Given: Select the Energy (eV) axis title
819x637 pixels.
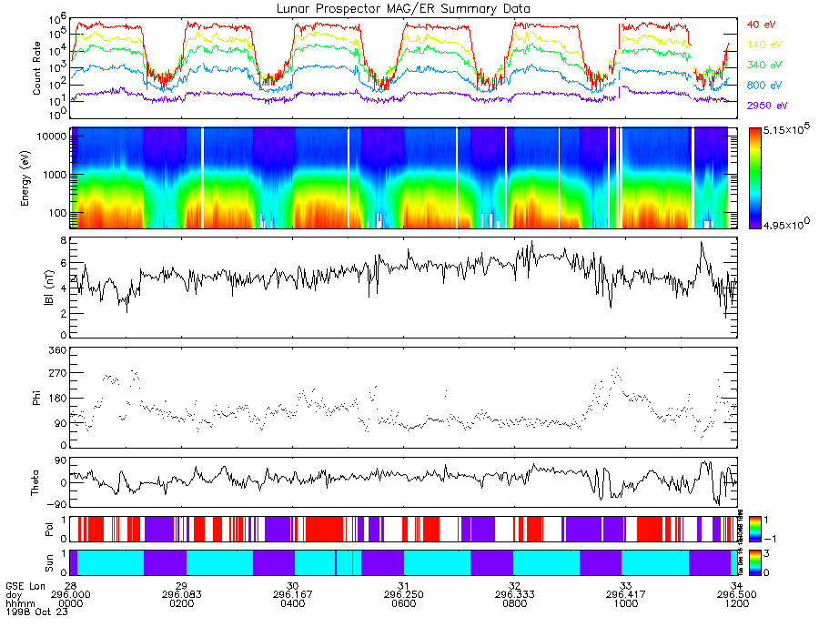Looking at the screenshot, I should tap(37, 177).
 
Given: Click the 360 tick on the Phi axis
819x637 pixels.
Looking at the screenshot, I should tap(57, 350).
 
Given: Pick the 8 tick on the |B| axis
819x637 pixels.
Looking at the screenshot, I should tap(64, 240).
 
